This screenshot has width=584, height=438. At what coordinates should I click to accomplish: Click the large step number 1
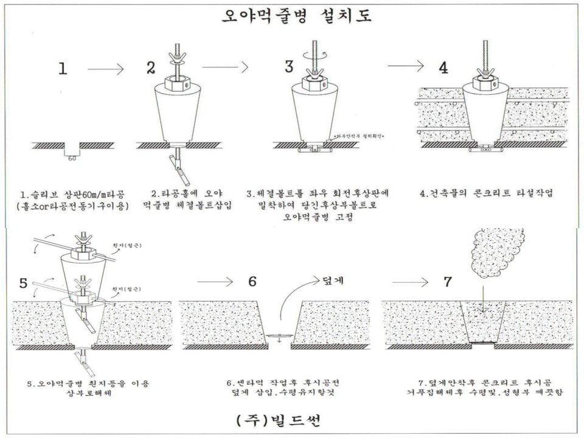click(x=62, y=69)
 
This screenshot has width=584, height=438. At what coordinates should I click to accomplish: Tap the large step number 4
click(x=443, y=68)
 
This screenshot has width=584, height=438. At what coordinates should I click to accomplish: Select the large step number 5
click(x=23, y=283)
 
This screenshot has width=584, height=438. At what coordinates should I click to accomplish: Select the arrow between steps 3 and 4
click(x=406, y=66)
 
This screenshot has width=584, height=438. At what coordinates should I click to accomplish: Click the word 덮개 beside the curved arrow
click(x=333, y=280)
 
